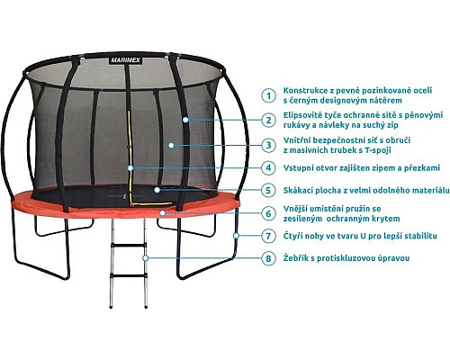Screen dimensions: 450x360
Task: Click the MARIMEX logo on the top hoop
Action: point(126,60)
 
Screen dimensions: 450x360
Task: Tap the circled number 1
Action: point(268,95)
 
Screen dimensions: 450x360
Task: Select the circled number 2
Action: point(268,120)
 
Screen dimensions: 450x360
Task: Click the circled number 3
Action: point(268,146)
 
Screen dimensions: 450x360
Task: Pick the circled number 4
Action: point(268,167)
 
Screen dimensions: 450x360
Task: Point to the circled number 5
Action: point(268,190)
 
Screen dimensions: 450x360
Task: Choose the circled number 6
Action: point(268,213)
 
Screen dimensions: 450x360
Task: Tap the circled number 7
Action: point(268,236)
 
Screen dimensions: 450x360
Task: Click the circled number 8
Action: point(268,258)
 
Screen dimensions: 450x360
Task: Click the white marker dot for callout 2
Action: point(185,120)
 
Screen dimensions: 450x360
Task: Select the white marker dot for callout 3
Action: point(171,146)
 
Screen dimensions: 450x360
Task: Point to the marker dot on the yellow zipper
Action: point(130,168)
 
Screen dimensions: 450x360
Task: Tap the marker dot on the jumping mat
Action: point(157,190)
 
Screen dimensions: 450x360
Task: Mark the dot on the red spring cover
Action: point(163,213)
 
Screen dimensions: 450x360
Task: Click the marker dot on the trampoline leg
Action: point(236,236)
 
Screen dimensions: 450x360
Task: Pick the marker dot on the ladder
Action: point(146,258)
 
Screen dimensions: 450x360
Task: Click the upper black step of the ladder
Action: point(129,245)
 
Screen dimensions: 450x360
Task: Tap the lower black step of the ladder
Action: point(129,275)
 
